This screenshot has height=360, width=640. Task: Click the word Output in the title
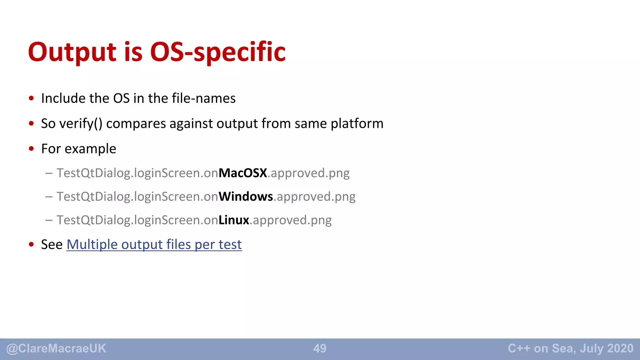(72, 52)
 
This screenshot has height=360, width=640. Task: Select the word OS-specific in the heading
(218, 52)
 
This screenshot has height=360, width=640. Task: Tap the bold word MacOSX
(243, 173)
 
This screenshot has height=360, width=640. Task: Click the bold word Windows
(246, 197)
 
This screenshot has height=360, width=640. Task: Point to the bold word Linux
(234, 220)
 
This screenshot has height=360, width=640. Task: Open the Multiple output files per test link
(154, 244)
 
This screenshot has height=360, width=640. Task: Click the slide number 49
(320, 348)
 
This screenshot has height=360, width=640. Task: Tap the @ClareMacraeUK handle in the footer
(56, 348)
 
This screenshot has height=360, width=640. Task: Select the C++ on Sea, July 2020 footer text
(570, 348)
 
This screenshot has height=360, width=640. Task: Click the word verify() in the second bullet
(81, 124)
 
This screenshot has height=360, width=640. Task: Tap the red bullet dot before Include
(31, 98)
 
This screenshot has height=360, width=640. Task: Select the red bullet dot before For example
(31, 149)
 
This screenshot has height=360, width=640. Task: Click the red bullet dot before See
(31, 244)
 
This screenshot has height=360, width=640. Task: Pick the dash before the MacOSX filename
(49, 173)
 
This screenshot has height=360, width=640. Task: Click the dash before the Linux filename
(49, 220)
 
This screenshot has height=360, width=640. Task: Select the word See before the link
(52, 244)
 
